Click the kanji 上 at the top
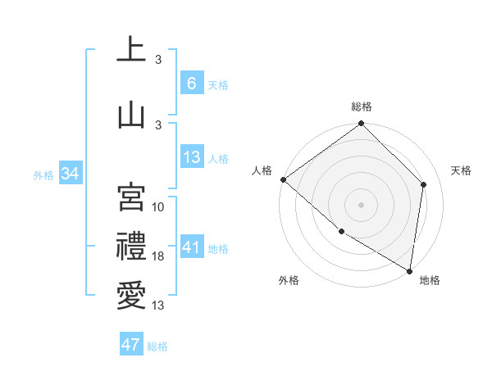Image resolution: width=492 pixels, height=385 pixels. tap(131, 50)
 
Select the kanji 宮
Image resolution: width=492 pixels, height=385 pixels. tap(131, 197)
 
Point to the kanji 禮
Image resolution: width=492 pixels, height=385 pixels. tap(131, 247)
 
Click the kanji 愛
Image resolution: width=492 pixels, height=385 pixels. tap(131, 294)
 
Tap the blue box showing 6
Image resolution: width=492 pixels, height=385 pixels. tap(191, 84)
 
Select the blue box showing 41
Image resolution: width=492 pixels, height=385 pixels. tap(191, 247)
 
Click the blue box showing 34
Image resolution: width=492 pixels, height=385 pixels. tap(70, 174)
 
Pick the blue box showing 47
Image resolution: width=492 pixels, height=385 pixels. tap(131, 345)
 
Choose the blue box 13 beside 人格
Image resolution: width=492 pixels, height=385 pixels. tap(191, 157)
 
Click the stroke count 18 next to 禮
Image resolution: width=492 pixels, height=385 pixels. tap(159, 256)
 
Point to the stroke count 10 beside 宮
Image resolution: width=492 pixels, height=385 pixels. tap(159, 207)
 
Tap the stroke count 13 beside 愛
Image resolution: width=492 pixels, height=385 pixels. tap(159, 306)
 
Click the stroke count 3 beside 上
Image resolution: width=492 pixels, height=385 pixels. tap(158, 60)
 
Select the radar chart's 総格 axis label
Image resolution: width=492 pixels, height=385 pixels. tap(362, 106)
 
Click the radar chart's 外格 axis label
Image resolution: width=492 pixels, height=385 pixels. tap(289, 280)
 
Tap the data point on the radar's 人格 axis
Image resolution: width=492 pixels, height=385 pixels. tap(283, 179)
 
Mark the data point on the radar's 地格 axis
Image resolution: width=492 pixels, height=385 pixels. tap(409, 269)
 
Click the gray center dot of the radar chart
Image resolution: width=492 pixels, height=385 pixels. tap(362, 204)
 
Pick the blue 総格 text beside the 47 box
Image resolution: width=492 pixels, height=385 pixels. tap(158, 346)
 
